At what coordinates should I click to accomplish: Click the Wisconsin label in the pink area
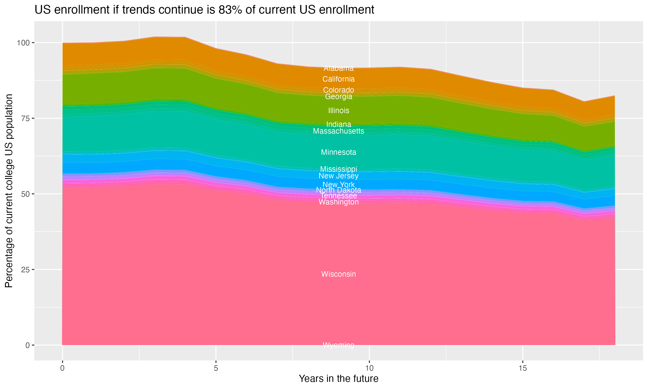pyautogui.click(x=338, y=274)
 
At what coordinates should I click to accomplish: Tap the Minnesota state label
pyautogui.click(x=338, y=152)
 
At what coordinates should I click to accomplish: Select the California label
pyautogui.click(x=338, y=79)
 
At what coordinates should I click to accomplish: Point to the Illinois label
pyautogui.click(x=338, y=111)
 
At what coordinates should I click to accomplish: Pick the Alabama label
pyautogui.click(x=338, y=69)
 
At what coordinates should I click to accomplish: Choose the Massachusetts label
pyautogui.click(x=338, y=131)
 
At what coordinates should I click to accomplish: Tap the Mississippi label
pyautogui.click(x=338, y=169)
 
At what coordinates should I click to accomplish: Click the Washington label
pyautogui.click(x=338, y=202)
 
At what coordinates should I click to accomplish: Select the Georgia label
pyautogui.click(x=338, y=97)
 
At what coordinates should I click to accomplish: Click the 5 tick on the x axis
pyautogui.click(x=216, y=368)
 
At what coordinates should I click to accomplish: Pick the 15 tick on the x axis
pyautogui.click(x=523, y=368)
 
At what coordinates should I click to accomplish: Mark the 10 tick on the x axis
pyautogui.click(x=369, y=368)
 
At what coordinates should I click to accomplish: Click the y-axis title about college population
pyautogui.click(x=9, y=191)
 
